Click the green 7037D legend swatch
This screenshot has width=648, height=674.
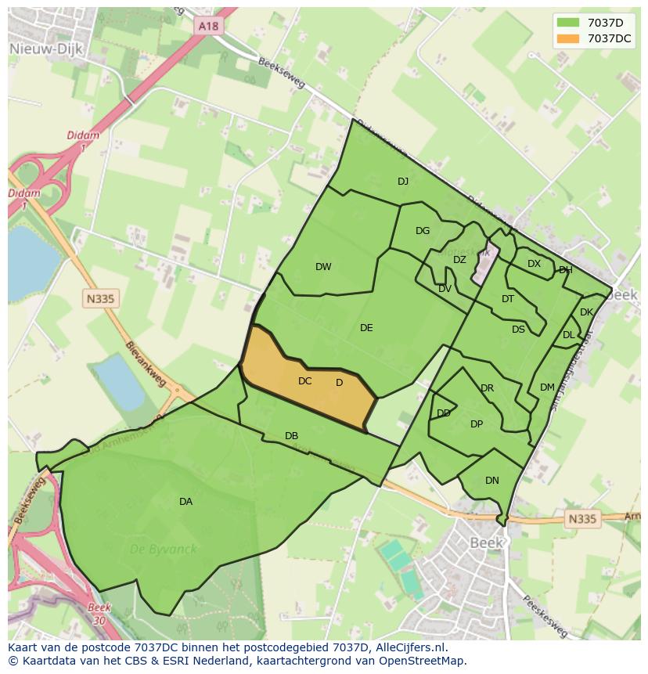click(x=568, y=23)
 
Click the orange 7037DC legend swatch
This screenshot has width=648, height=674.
click(x=568, y=38)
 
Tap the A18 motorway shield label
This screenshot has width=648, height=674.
click(x=209, y=26)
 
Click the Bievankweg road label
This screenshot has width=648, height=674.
click(x=149, y=365)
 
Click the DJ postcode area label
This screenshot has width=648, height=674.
click(x=403, y=181)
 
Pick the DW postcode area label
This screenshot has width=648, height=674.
click(x=323, y=267)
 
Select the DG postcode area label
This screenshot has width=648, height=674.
click(x=423, y=231)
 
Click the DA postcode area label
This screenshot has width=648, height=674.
click(x=185, y=502)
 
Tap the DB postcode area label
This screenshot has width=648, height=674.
click(x=291, y=436)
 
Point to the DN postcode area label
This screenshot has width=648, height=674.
click(x=491, y=481)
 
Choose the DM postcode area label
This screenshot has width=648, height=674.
click(x=547, y=387)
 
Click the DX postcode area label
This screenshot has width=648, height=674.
click(x=534, y=264)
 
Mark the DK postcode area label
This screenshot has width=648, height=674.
click(x=587, y=312)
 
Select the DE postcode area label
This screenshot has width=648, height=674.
click(x=366, y=328)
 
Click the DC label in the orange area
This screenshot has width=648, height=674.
click(x=305, y=381)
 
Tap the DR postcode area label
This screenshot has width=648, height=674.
click(x=488, y=388)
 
